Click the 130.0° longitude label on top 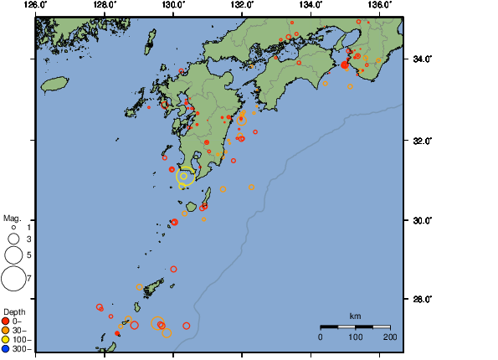pos(172,5)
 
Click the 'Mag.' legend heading pos(12,217)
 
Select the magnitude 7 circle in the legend pos(13,277)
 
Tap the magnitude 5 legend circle pos(13,255)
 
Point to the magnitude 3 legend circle pos(13,239)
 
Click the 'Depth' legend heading pos(13,311)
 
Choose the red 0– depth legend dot pos(6,321)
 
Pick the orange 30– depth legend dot pos(6,330)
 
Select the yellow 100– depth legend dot pos(6,339)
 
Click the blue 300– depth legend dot pos(6,348)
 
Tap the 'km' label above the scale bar pos(355,316)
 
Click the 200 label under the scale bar pos(389,337)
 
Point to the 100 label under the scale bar pos(355,337)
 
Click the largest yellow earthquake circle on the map pos(185,176)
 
